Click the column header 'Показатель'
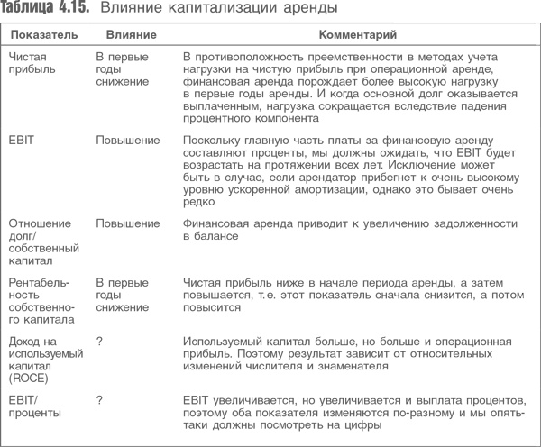point(41,35)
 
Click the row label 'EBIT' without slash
point(21,141)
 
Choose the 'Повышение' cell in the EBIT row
point(127,141)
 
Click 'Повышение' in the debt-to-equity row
point(127,222)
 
